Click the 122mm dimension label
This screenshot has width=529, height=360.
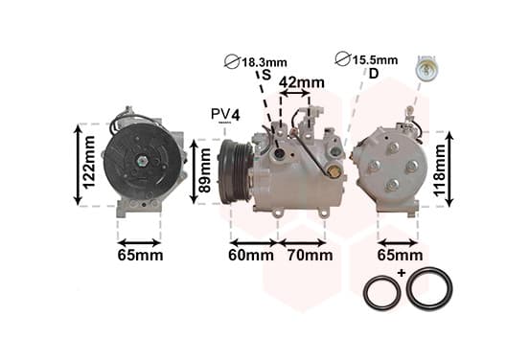tap(89, 163)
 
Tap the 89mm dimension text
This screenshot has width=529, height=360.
tap(205, 170)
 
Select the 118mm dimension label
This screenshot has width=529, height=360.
tap(439, 170)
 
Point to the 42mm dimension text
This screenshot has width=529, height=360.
tap(302, 82)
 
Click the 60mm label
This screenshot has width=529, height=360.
tap(251, 256)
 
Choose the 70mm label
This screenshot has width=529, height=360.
tap(310, 256)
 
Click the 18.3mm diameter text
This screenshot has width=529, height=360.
tap(264, 62)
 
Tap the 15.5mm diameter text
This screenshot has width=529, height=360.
tap(375, 60)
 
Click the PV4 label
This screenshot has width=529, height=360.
tap(225, 115)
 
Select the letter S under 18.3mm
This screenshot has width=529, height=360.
tap(266, 75)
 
